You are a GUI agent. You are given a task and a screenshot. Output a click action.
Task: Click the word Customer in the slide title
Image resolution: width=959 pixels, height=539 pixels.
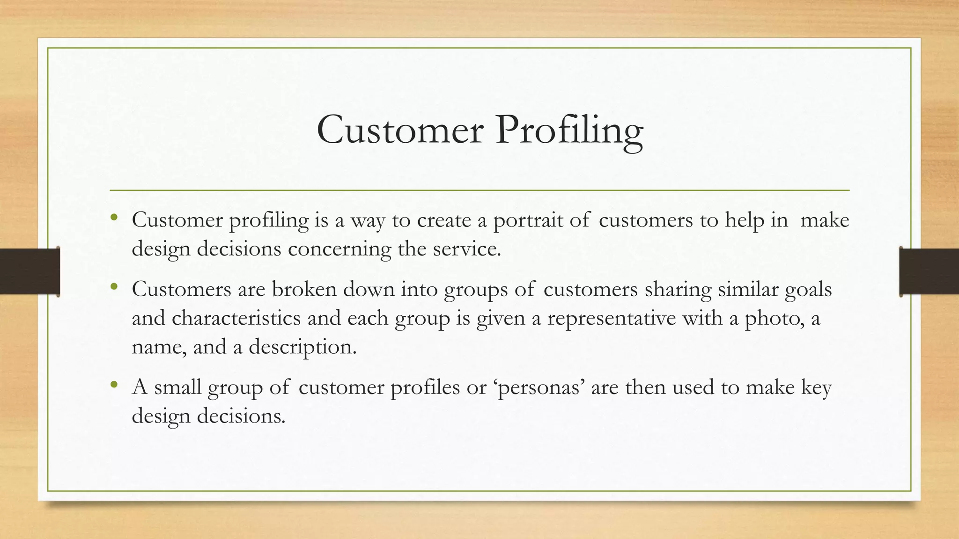click(400, 130)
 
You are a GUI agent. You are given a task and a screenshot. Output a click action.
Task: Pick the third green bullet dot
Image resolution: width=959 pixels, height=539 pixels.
click(114, 385)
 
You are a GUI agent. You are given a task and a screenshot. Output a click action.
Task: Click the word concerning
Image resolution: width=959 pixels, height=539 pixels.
click(339, 249)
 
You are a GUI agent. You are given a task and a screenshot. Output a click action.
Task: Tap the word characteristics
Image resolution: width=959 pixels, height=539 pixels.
click(236, 318)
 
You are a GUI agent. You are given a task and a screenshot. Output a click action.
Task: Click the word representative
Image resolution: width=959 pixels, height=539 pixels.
click(611, 318)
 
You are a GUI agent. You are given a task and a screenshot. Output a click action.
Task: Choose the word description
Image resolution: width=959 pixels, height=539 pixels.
click(302, 347)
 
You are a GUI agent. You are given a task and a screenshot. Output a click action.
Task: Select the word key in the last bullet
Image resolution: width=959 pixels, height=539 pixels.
click(816, 388)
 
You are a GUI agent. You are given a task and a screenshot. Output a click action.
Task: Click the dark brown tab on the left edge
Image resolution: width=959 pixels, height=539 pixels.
click(30, 271)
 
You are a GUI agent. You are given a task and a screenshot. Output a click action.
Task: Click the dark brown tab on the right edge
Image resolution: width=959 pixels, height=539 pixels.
click(929, 271)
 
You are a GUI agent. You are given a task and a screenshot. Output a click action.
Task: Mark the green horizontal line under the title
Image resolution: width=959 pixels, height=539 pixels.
click(479, 190)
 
